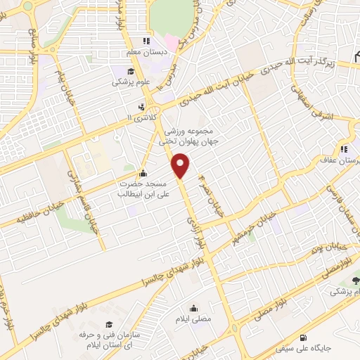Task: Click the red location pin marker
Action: [x=181, y=166]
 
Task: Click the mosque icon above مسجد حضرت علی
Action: [x=143, y=174]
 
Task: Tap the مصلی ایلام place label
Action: [x=194, y=318]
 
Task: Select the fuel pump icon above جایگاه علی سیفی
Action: [x=303, y=337]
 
